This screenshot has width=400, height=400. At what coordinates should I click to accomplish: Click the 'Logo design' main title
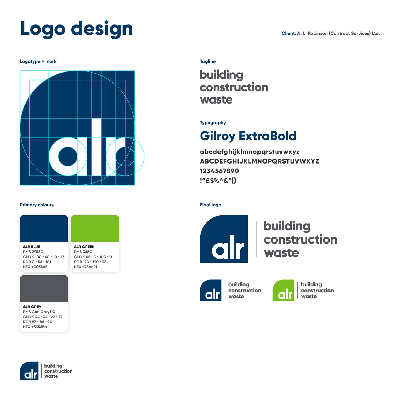pyautogui.click(x=76, y=29)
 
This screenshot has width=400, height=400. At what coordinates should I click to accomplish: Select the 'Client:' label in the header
pyautogui.click(x=289, y=33)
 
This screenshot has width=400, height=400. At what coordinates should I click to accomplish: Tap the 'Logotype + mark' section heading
pyautogui.click(x=38, y=61)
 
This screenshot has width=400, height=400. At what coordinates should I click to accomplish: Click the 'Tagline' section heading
pyautogui.click(x=207, y=61)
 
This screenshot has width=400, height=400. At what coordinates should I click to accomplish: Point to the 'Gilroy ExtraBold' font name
pyautogui.click(x=248, y=136)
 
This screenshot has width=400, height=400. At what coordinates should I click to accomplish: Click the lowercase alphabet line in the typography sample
pyautogui.click(x=249, y=152)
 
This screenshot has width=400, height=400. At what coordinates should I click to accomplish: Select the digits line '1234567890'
pyautogui.click(x=219, y=171)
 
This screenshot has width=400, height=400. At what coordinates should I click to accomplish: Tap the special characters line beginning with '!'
pyautogui.click(x=218, y=181)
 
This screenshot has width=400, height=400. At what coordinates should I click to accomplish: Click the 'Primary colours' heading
pyautogui.click(x=37, y=205)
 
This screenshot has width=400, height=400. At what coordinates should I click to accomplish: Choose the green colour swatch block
pyautogui.click(x=95, y=229)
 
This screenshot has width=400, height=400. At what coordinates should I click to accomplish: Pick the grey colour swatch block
pyautogui.click(x=44, y=289)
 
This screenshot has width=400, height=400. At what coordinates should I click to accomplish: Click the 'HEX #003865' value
pyautogui.click(x=35, y=267)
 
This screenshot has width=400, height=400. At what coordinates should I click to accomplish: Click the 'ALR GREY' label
pyautogui.click(x=32, y=307)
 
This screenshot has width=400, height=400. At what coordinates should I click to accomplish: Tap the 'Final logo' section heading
pyautogui.click(x=211, y=205)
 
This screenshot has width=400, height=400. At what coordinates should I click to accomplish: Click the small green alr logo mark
pyautogui.click(x=283, y=290)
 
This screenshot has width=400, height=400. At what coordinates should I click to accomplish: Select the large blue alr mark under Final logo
pyautogui.click(x=224, y=239)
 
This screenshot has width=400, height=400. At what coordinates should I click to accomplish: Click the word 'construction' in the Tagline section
pyautogui.click(x=234, y=87)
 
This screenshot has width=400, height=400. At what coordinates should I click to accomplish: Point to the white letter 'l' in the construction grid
pyautogui.click(x=96, y=147)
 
